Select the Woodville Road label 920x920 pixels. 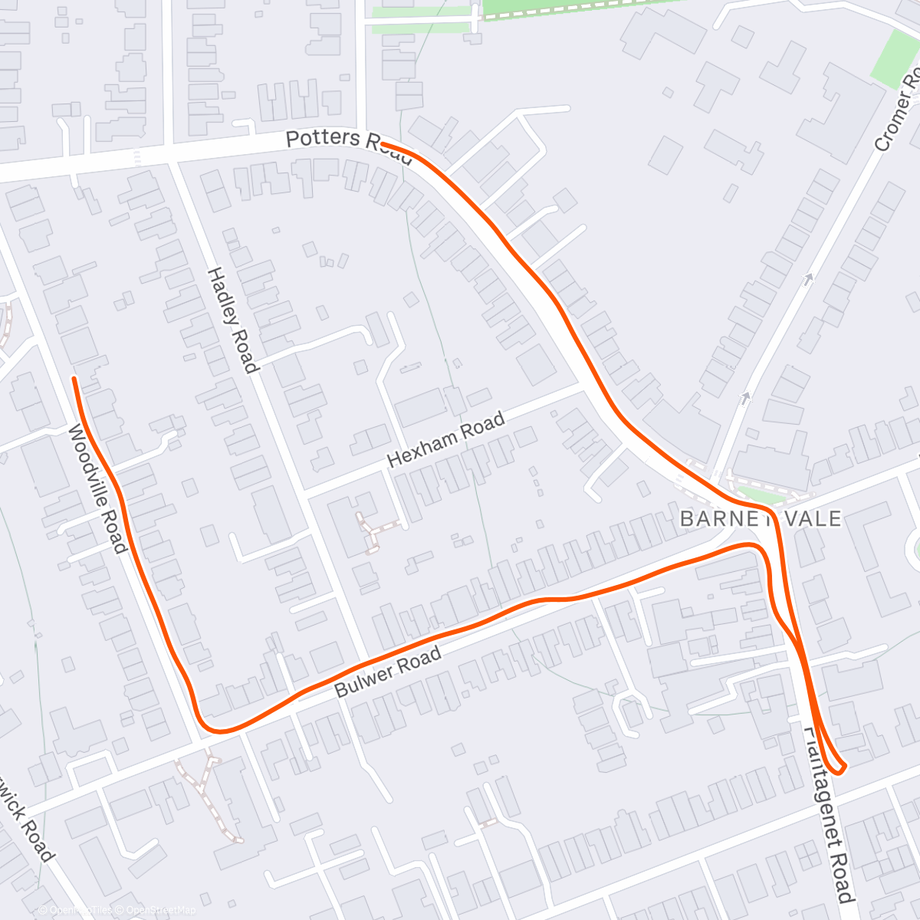(x=97, y=488)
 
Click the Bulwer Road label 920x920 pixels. (x=389, y=672)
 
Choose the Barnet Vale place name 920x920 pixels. (x=761, y=518)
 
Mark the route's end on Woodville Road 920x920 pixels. (x=74, y=379)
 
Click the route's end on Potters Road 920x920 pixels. (x=382, y=144)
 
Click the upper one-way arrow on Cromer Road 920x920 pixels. (x=807, y=280)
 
